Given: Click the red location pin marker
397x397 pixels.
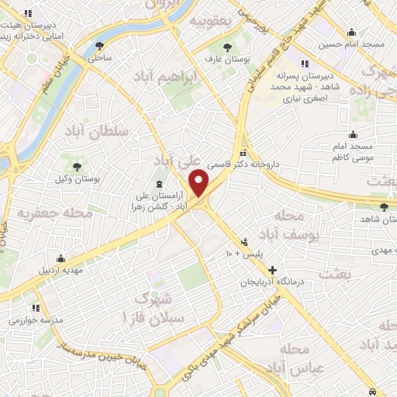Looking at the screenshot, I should (200, 183).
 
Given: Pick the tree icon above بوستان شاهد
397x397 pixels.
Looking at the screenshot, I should (385, 207).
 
